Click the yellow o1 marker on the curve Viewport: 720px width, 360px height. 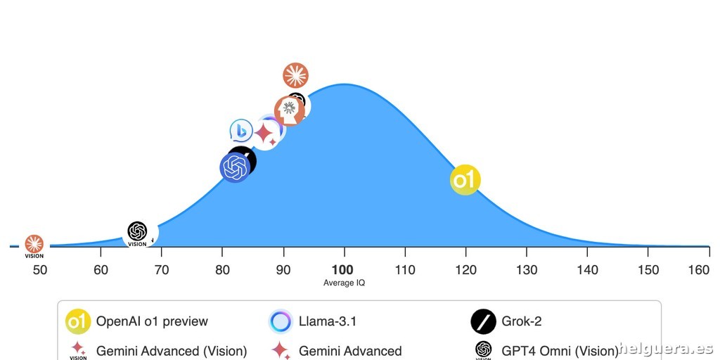(465, 179)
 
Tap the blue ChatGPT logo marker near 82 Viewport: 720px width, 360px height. (235, 167)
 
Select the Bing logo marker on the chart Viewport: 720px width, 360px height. (241, 131)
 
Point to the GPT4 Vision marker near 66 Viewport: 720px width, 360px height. (137, 233)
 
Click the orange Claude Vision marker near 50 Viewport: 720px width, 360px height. (34, 246)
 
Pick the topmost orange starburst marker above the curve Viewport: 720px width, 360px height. (296, 75)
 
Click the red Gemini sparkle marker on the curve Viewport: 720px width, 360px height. (266, 134)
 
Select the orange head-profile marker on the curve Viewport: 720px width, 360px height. (289, 110)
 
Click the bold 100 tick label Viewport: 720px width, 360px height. (344, 269)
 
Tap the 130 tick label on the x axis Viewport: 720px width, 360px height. (526, 269)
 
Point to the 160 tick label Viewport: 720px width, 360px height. (699, 269)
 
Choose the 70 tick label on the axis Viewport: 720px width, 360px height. (162, 269)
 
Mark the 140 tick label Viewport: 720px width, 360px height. (587, 269)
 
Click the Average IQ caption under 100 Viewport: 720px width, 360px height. (344, 283)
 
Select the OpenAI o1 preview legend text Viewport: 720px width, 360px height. (152, 321)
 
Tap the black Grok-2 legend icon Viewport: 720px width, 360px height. (484, 321)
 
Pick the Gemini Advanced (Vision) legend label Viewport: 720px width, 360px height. (172, 352)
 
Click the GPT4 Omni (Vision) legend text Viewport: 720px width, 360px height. (560, 352)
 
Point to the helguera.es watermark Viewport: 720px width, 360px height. (669, 349)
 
